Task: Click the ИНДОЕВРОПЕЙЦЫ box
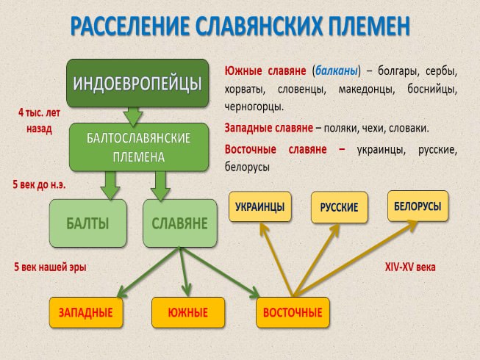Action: point(137,82)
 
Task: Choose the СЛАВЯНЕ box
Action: point(179,223)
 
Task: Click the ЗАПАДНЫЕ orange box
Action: point(86,312)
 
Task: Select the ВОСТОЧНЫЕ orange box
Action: point(293,312)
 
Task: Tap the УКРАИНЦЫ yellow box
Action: point(259,207)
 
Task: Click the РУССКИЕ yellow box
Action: point(339,207)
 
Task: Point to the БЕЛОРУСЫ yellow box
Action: point(418,206)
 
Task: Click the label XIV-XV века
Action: point(410,267)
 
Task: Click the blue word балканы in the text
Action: point(335,71)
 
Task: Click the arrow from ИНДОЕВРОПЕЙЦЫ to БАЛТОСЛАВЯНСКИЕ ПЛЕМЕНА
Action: point(133,115)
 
